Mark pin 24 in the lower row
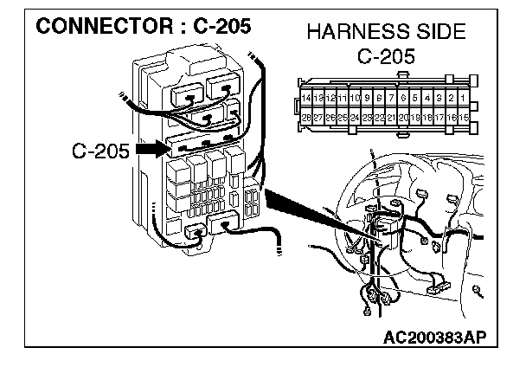point(355,117)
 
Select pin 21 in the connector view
point(391,117)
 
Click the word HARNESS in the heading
point(348,35)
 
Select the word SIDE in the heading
point(439,35)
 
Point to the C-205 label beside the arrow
point(100,151)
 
